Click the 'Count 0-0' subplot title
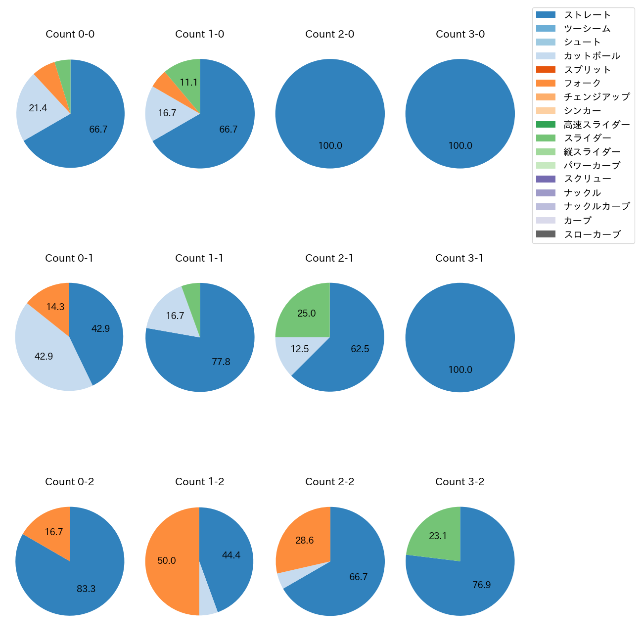click(70, 34)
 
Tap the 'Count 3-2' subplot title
click(460, 482)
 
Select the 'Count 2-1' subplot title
click(329, 258)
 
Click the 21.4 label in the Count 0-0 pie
click(38, 108)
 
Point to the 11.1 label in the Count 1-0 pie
click(189, 83)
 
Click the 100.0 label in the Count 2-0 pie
click(330, 146)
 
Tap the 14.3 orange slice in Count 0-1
click(55, 307)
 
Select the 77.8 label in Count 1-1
click(221, 362)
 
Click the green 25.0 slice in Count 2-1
click(307, 314)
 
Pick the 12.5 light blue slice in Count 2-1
click(300, 349)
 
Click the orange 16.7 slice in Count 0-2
click(53, 532)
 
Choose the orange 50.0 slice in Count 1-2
click(167, 561)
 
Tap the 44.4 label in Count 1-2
click(231, 555)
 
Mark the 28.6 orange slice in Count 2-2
click(305, 541)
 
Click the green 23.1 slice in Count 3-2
click(438, 536)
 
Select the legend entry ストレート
click(587, 15)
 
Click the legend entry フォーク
click(582, 83)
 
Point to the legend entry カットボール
click(592, 56)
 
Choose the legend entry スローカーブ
click(592, 234)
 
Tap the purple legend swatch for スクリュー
click(546, 179)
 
